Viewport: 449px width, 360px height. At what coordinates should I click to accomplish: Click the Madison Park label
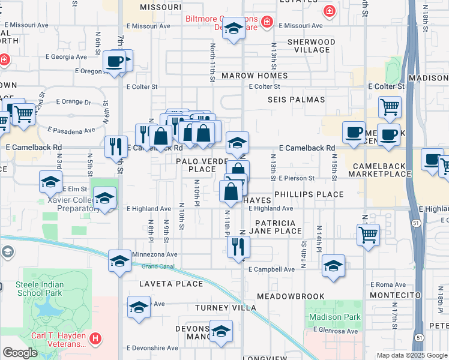pyautogui.click(x=335, y=317)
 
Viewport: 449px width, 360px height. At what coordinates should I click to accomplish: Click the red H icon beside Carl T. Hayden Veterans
pyautogui.click(x=95, y=340)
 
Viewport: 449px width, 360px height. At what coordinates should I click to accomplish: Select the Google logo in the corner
pyautogui.click(x=20, y=353)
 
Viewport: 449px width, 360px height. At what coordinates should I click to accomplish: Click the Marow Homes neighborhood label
pyautogui.click(x=255, y=76)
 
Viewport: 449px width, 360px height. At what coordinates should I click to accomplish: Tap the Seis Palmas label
pyautogui.click(x=296, y=100)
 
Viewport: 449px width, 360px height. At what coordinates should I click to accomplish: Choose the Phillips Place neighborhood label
pyautogui.click(x=309, y=194)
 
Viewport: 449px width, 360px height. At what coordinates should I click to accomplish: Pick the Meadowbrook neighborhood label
pyautogui.click(x=291, y=296)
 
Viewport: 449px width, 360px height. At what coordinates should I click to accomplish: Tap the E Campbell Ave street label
pyautogui.click(x=272, y=269)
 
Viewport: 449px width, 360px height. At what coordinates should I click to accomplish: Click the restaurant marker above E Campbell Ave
pyautogui.click(x=239, y=247)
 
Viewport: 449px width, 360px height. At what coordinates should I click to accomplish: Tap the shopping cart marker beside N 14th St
pyautogui.click(x=368, y=235)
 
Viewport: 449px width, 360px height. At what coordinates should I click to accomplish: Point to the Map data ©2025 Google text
pyautogui.click(x=412, y=355)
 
